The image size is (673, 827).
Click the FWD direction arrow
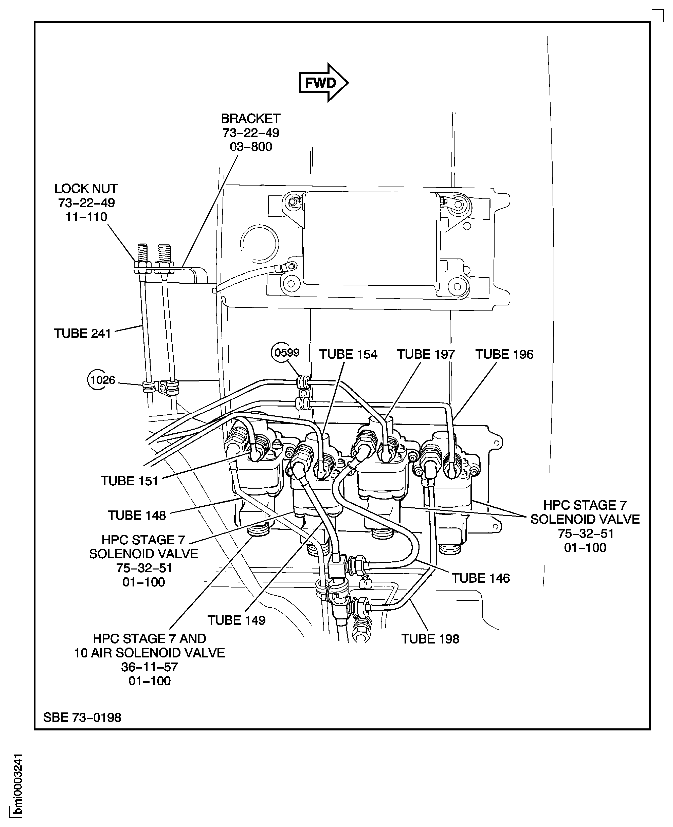tap(323, 83)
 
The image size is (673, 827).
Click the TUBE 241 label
tap(82, 333)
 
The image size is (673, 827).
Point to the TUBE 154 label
tap(348, 354)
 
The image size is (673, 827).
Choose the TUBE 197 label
tap(426, 354)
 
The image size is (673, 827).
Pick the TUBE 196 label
tap(504, 354)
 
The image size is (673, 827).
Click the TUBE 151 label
tap(130, 481)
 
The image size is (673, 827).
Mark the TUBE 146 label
tap(481, 578)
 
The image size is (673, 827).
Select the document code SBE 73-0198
tap(82, 717)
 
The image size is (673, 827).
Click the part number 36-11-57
tap(149, 667)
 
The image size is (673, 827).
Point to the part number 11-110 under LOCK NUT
tap(86, 217)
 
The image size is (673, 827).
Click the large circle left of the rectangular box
tap(259, 243)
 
